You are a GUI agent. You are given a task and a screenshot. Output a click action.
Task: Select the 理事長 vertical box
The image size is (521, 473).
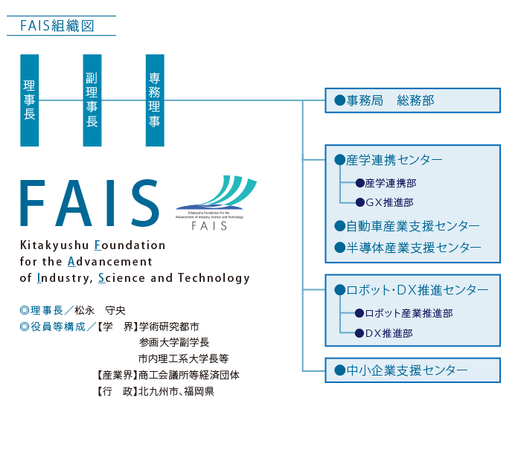click(x=30, y=100)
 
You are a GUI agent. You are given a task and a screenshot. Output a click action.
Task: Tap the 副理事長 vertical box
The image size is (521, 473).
click(x=92, y=100)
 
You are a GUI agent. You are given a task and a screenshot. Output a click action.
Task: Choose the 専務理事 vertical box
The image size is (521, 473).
click(x=155, y=100)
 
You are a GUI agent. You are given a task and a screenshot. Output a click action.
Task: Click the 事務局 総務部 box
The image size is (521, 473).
click(x=412, y=100)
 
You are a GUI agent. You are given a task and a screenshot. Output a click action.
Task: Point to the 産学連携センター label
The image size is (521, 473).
click(x=394, y=160)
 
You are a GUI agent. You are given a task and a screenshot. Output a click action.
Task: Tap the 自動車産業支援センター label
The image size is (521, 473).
click(x=412, y=226)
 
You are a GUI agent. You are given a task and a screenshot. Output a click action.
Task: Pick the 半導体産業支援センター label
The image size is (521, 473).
click(x=413, y=248)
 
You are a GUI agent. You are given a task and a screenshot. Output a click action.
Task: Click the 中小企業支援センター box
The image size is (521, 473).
click(x=412, y=370)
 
